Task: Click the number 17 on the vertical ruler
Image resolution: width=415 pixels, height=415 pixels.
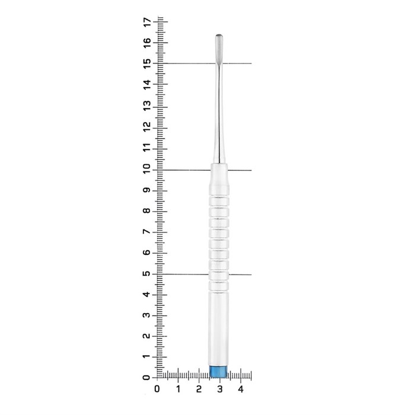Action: point(147,22)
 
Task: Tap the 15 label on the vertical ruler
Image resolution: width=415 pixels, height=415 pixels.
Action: point(147,63)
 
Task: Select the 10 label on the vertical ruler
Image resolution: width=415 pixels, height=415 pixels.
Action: point(147,168)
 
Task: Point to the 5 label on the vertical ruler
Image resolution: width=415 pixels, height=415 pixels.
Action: point(147,273)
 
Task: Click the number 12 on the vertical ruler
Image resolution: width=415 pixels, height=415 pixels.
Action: point(147,126)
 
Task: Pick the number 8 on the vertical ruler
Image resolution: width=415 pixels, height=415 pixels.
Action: point(147,211)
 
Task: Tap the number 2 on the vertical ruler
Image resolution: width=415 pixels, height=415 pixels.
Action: point(147,336)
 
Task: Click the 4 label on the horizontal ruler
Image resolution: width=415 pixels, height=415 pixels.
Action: point(241,389)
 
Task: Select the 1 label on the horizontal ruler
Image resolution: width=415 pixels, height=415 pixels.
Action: point(178,389)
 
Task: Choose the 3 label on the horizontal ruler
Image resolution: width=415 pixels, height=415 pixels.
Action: point(220,389)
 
